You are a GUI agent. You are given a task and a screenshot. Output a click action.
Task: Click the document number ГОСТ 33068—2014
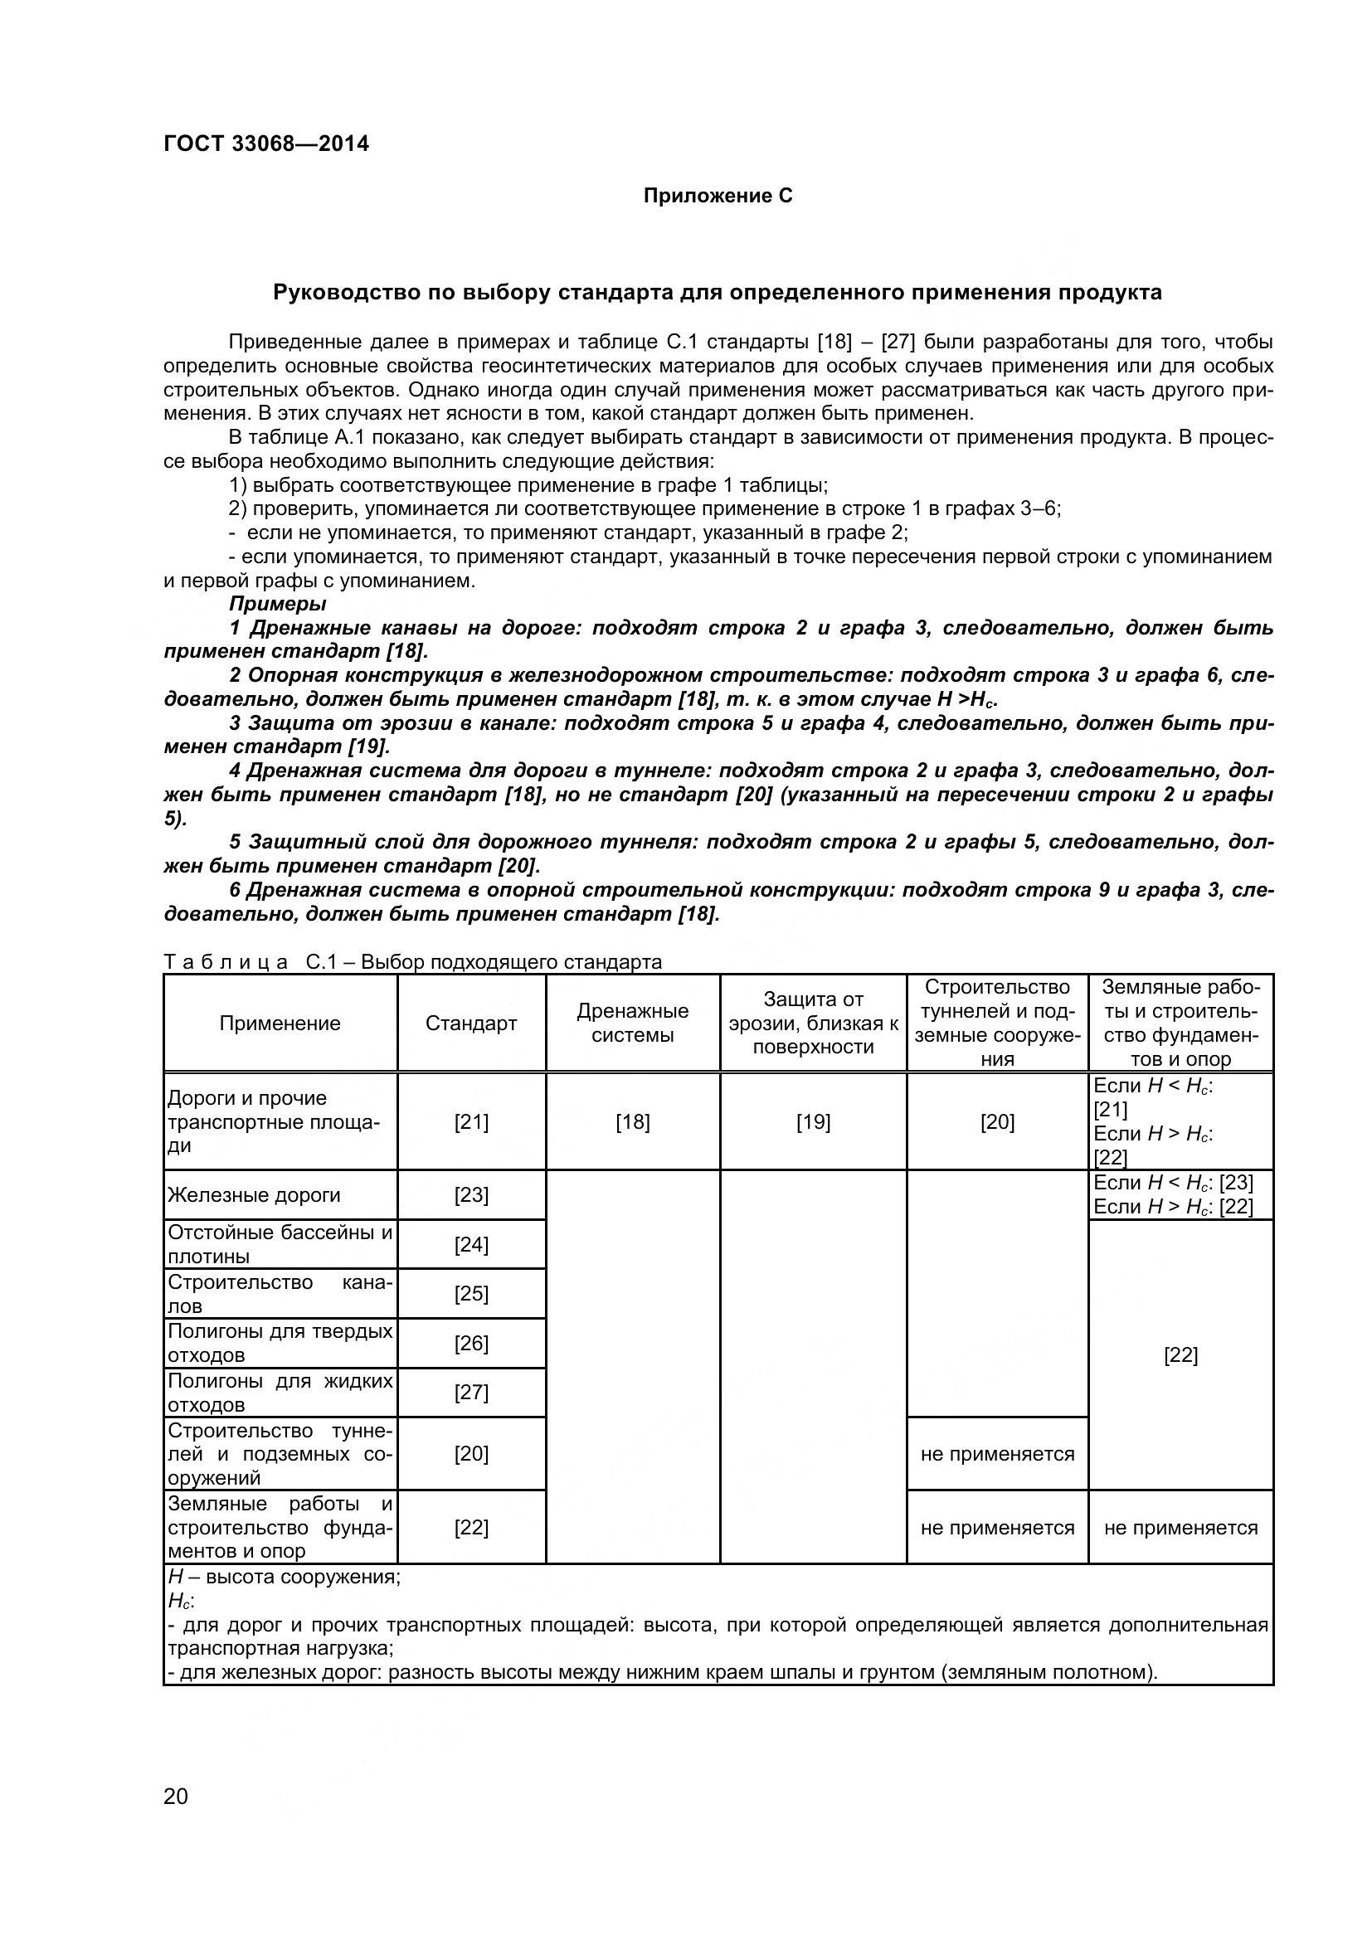click(266, 143)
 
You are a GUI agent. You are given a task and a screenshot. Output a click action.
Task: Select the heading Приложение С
click(718, 196)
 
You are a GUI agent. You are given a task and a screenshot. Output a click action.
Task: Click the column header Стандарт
click(470, 1023)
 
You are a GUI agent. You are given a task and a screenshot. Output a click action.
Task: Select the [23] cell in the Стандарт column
click(470, 1194)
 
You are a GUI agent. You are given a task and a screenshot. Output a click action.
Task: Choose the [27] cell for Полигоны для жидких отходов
click(470, 1392)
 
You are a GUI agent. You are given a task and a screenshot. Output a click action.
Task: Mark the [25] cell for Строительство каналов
click(470, 1294)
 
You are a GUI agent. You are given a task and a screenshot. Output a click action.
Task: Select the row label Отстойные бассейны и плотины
click(280, 1244)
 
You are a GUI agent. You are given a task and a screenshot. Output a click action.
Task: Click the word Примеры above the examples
click(277, 603)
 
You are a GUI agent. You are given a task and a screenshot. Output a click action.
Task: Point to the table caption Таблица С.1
click(412, 961)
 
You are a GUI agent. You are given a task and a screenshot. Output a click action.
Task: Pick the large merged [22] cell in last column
click(1180, 1354)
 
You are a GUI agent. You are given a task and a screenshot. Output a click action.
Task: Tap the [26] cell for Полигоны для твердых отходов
click(470, 1343)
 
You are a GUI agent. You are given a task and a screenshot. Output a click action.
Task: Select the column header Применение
click(280, 1023)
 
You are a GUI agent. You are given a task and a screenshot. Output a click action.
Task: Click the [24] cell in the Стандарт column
click(470, 1244)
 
